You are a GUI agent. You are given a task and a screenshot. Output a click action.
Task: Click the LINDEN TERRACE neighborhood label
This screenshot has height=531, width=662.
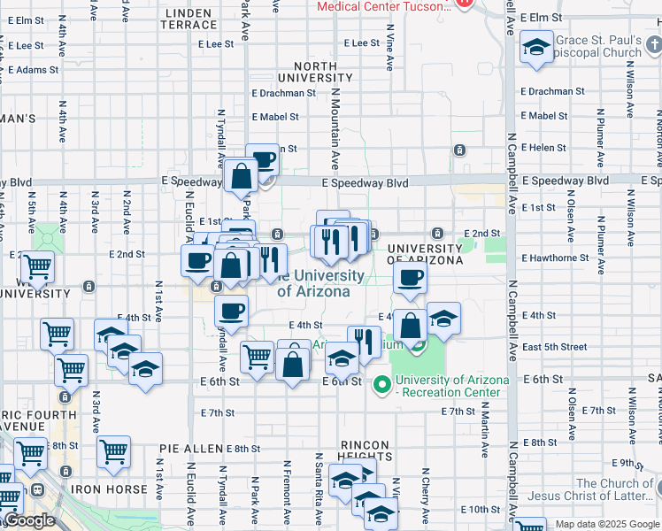coord(187,19)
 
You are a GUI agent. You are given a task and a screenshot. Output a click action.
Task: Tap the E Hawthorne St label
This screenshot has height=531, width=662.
coord(555,258)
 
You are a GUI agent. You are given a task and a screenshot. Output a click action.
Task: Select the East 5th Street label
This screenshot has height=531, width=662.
coord(554,347)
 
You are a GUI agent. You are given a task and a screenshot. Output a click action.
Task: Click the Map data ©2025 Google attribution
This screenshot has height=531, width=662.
coord(606,524)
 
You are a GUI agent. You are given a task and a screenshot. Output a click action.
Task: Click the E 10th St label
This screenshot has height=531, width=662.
coord(483,510)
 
